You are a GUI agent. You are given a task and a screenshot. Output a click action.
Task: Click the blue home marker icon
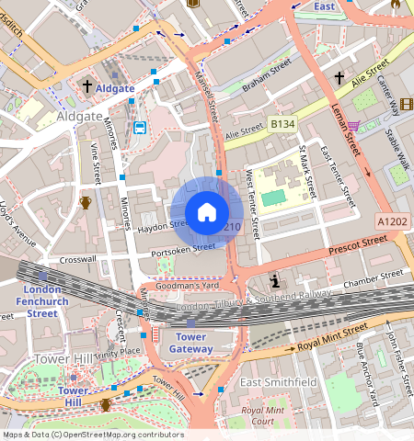(x=207, y=212)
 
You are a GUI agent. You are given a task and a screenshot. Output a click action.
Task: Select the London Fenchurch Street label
(x=41, y=301)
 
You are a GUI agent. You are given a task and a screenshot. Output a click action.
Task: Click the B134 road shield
(x=282, y=122)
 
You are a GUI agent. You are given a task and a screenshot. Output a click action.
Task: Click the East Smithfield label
(x=278, y=381)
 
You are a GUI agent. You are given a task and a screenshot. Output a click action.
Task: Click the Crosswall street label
(x=77, y=259)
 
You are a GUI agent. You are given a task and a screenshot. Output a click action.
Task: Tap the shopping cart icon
(x=354, y=125)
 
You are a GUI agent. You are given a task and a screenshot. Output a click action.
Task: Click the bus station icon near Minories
(x=139, y=127)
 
